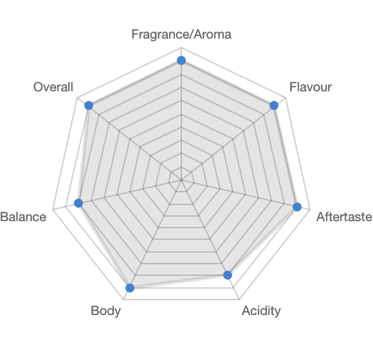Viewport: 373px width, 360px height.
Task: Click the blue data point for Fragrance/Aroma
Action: pos(181,60)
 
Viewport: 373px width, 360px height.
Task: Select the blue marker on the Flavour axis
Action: pos(274,105)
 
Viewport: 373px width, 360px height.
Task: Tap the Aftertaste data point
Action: pos(297,207)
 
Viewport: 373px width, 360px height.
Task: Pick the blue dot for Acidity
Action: pos(228,275)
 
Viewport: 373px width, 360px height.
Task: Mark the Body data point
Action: pos(130,288)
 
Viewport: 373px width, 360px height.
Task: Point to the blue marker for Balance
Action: pos(78,203)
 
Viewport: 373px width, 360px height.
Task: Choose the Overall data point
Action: pos(89,105)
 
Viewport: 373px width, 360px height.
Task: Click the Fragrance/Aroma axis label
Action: pos(181,34)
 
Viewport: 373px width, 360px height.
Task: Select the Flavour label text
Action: pos(311,87)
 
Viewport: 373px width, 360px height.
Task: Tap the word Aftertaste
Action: pos(344,217)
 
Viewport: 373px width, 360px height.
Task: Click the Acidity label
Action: pos(261,311)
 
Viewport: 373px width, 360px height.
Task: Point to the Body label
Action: pos(105,311)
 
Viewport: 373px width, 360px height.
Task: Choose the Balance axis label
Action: pos(23,217)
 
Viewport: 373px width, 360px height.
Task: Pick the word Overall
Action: pos(53,87)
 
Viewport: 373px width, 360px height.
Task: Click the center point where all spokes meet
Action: pos(181,180)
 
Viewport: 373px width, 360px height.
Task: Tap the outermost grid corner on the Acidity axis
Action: pos(239,300)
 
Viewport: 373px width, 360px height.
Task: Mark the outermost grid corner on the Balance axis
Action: pos(53,209)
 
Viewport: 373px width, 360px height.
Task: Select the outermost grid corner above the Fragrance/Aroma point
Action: pos(181,48)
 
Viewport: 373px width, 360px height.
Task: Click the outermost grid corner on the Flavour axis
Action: pos(286,98)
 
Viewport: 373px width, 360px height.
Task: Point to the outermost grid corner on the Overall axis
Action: pos(77,98)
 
